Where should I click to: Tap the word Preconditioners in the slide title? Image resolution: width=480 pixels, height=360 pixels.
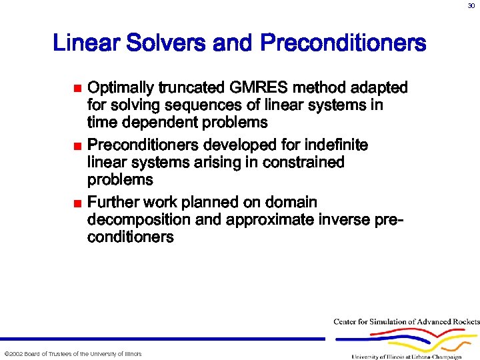343,44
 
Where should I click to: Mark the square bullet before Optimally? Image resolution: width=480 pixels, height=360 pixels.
77,89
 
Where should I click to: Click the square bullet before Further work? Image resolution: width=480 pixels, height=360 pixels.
77,203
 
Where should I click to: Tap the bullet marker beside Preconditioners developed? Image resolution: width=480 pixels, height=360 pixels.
77,146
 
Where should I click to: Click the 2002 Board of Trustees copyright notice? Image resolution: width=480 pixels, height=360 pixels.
73,353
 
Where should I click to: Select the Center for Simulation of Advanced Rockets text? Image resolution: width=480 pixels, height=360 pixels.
406,322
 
